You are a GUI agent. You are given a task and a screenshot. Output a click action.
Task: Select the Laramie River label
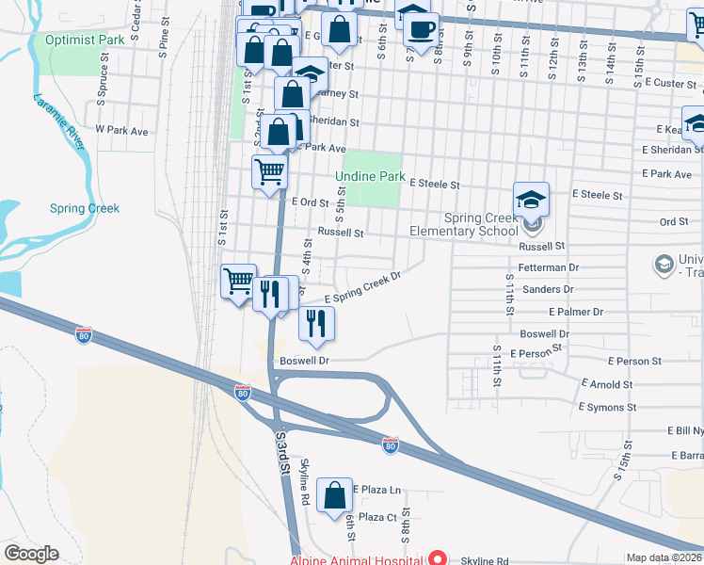tap(56, 121)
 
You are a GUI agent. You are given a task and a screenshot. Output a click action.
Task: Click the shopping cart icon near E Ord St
tap(269, 172)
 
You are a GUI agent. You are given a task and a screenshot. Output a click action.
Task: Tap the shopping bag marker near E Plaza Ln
tap(334, 494)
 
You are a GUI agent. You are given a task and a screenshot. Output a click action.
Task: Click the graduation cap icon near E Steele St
tap(531, 200)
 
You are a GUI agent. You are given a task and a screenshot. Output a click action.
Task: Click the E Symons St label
tap(606, 407)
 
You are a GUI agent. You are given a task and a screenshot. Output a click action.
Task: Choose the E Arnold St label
tap(606, 384)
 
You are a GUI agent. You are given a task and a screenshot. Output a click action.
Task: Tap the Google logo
tap(31, 554)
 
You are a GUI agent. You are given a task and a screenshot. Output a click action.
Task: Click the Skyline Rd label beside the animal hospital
tap(484, 560)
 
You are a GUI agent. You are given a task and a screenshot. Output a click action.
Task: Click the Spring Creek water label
tap(84, 208)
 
